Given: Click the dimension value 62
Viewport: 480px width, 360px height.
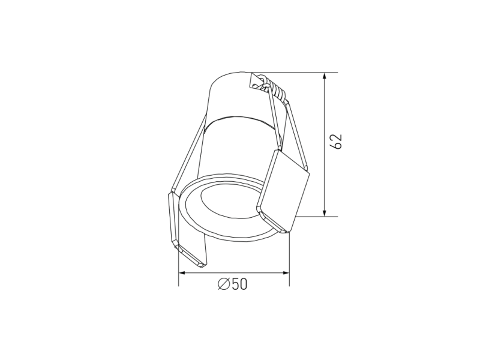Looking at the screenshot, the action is (337, 142).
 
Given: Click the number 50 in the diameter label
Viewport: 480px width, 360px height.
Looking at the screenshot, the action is (239, 284).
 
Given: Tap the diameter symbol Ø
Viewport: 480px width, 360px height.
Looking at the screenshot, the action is (224, 284).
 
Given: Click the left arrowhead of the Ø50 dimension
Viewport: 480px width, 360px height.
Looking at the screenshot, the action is (183, 272).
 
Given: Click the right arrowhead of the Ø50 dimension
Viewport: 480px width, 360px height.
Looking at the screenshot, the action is (285, 272).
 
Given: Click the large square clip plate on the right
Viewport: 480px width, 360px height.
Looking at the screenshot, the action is (283, 190).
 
